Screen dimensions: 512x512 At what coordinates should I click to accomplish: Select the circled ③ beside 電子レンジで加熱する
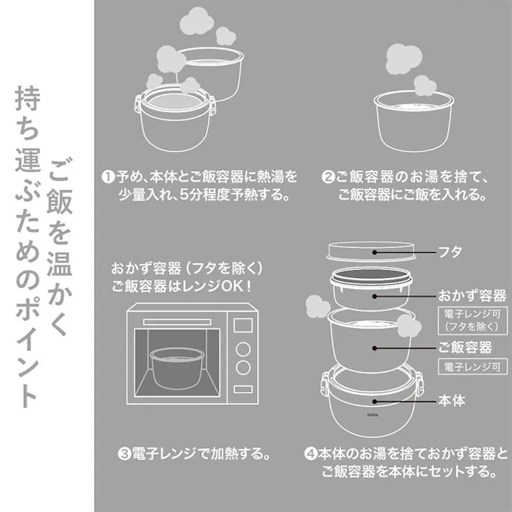[x=124, y=454]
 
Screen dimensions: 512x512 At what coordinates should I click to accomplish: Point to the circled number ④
[x=310, y=454]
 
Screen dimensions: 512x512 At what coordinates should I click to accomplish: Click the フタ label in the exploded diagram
[x=450, y=252]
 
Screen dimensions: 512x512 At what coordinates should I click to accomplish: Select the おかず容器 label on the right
[x=473, y=295]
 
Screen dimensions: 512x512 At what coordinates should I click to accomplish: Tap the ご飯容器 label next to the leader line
[x=466, y=348]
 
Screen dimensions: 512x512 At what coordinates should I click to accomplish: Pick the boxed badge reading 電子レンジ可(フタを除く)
[x=473, y=318]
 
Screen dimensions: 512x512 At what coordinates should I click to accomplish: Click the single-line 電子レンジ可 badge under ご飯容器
[x=473, y=368]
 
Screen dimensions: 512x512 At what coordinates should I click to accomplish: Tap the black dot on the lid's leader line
[x=374, y=252]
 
